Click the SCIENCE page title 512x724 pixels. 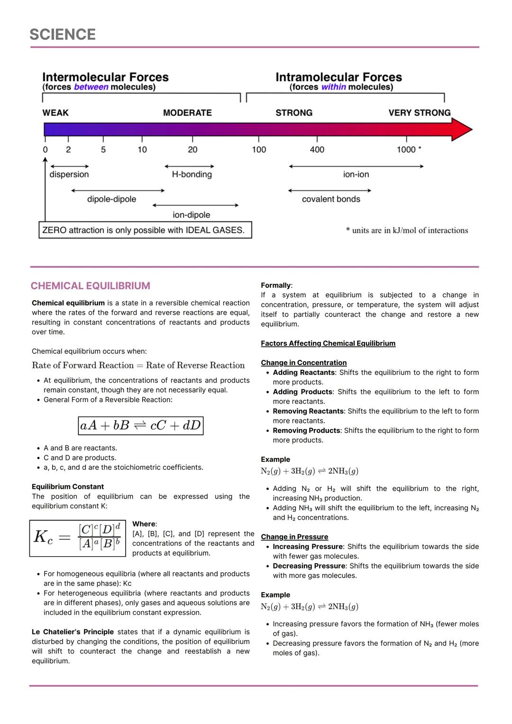click(x=63, y=35)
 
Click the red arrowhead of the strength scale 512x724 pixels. click(x=461, y=129)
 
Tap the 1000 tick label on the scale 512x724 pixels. click(x=406, y=150)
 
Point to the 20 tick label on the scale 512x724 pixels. click(x=192, y=150)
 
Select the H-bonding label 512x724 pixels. click(x=192, y=174)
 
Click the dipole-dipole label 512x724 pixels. click(x=111, y=199)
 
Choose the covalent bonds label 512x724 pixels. click(x=331, y=199)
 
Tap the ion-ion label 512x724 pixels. click(x=356, y=174)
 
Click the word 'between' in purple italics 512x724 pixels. click(x=91, y=87)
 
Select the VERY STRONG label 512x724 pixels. click(x=420, y=113)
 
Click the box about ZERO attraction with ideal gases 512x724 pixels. click(x=145, y=230)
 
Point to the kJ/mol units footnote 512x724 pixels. click(x=407, y=230)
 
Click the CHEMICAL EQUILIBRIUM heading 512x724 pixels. click(x=91, y=286)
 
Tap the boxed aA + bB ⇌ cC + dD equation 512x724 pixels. click(x=140, y=425)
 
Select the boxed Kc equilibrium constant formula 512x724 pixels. click(x=77, y=538)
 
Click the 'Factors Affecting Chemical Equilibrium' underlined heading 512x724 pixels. click(x=328, y=343)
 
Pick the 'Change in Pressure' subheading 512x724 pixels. click(x=294, y=537)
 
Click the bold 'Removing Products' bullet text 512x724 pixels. click(x=306, y=431)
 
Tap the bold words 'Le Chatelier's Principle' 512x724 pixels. click(x=73, y=632)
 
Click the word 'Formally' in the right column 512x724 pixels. click(x=275, y=285)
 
